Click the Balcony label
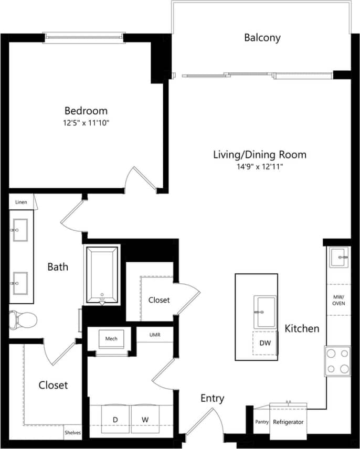(x=262, y=38)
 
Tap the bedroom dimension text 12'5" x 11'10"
(x=86, y=123)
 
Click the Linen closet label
(x=20, y=202)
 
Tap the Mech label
(x=111, y=339)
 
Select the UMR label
(x=155, y=335)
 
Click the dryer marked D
(x=115, y=419)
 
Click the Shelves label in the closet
(x=73, y=433)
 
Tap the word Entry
(x=213, y=399)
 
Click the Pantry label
(x=262, y=422)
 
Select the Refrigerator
(x=288, y=422)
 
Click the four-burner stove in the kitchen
(x=337, y=361)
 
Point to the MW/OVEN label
(x=338, y=300)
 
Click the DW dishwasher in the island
(x=265, y=343)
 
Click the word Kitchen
(x=302, y=329)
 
